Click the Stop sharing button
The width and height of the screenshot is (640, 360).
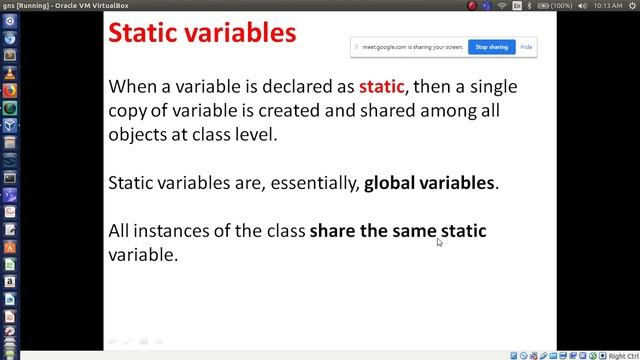coord(490,47)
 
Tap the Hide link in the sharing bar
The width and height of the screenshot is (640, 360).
coord(526,47)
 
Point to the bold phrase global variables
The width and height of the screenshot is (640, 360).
coord(429,183)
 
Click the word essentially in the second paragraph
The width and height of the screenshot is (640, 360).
coord(316,183)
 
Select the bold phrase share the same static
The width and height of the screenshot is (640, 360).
coord(398,231)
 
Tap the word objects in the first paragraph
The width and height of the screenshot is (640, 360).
coord(137,134)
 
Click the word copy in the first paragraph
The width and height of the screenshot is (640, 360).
coord(130,111)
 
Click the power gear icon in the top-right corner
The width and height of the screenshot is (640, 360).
coord(630,6)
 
